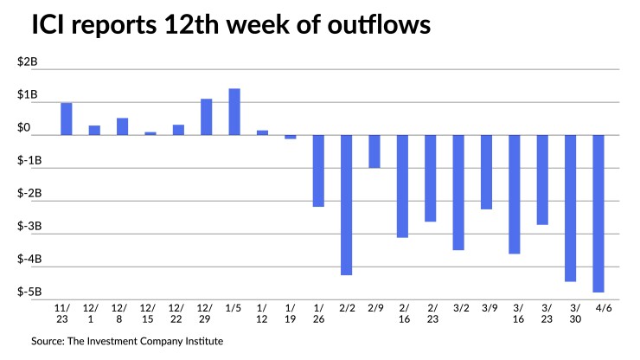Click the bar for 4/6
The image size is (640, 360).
click(x=598, y=214)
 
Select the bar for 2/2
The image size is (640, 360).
click(x=346, y=205)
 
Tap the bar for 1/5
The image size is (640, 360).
click(x=234, y=112)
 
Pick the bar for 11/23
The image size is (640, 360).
click(x=67, y=119)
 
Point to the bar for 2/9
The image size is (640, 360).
click(x=374, y=151)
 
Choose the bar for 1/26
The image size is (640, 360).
click(x=318, y=170)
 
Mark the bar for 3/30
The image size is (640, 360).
click(x=570, y=208)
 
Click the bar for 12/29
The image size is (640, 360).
click(x=207, y=117)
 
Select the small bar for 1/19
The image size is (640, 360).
click(x=291, y=137)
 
